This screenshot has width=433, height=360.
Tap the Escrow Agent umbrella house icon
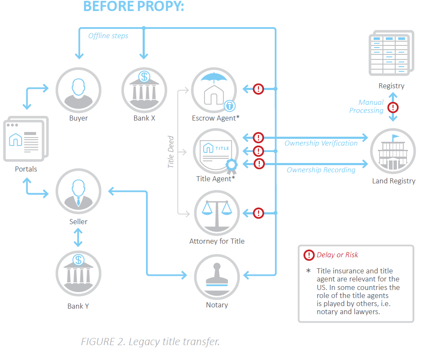tap(214, 90)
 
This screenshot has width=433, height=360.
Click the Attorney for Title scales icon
tap(216, 213)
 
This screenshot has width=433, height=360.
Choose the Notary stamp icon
tap(216, 276)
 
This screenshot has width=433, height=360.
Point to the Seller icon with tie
tap(78, 191)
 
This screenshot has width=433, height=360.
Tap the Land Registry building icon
tap(393, 151)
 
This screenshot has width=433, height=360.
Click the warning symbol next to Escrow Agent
tap(259, 89)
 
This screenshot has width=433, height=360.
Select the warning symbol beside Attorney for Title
tap(259, 213)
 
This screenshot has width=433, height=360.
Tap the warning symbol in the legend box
tap(309, 255)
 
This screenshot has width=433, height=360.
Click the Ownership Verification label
tap(321, 143)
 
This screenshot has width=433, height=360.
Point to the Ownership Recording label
tap(321, 170)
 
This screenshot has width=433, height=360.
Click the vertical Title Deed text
tap(171, 152)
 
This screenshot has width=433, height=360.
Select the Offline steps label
tap(108, 36)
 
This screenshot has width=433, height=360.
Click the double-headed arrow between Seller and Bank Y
tap(78, 237)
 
